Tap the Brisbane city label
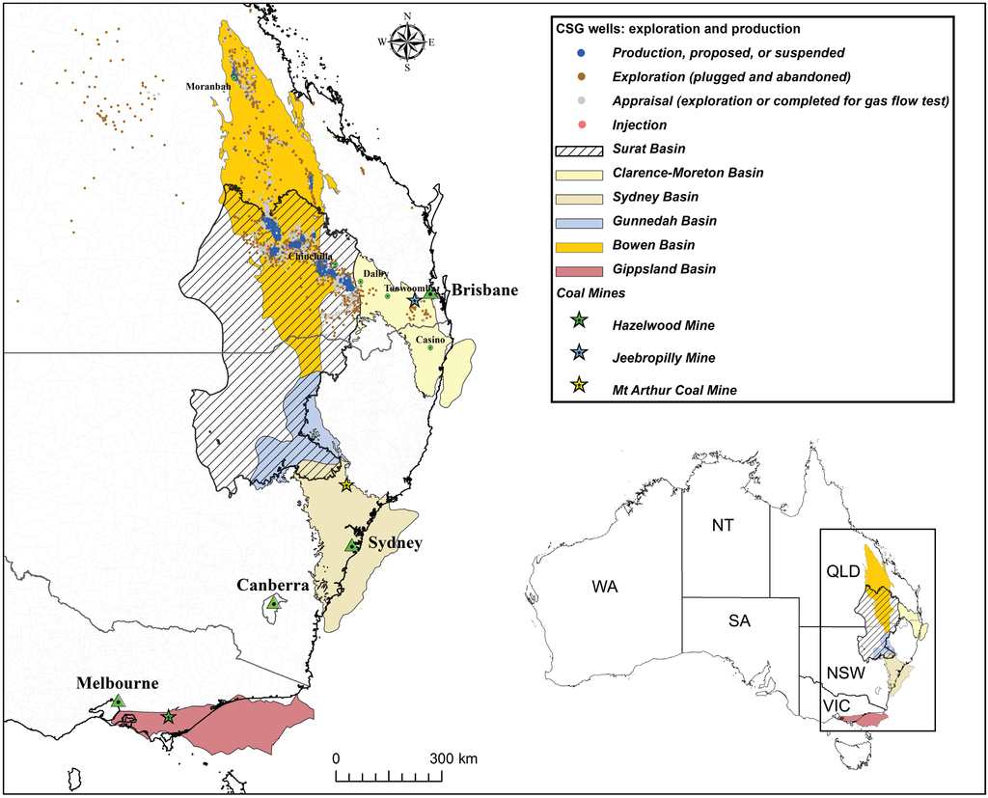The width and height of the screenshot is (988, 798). (x=485, y=290)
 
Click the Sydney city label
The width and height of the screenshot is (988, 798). (x=396, y=543)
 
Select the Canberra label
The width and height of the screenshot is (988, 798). (x=274, y=586)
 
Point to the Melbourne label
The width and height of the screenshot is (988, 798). (x=118, y=683)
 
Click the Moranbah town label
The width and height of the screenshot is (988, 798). (x=206, y=85)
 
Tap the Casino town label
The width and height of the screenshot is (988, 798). (x=430, y=341)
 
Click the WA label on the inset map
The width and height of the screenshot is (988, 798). (x=605, y=587)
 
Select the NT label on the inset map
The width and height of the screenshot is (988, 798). (x=724, y=525)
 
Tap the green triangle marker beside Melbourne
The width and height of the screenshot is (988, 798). (x=117, y=701)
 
